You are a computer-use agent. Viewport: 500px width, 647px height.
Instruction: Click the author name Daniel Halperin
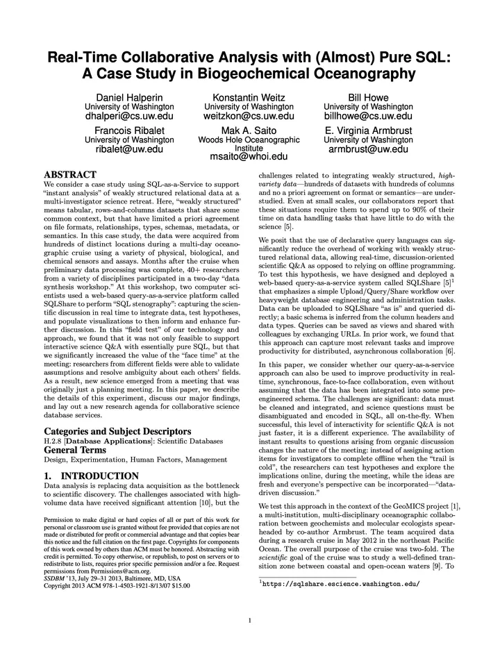click(x=129, y=97)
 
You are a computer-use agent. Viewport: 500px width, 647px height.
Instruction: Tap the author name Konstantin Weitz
click(x=249, y=97)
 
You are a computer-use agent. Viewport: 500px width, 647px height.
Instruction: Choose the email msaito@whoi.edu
click(x=249, y=158)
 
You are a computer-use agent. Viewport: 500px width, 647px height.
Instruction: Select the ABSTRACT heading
click(x=69, y=174)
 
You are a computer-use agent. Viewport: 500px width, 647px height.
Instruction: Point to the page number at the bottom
click(x=249, y=620)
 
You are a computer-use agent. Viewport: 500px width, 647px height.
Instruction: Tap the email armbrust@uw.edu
click(x=368, y=149)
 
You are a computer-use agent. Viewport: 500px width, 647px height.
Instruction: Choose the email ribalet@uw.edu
click(x=129, y=149)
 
